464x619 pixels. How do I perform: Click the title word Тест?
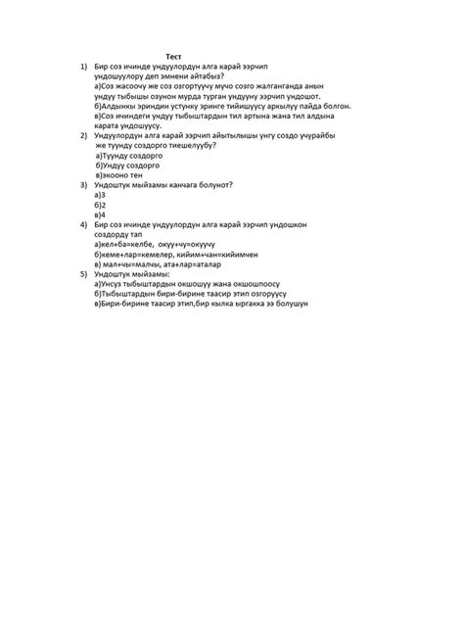pyautogui.click(x=174, y=58)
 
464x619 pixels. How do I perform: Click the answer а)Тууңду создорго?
pyautogui.click(x=133, y=156)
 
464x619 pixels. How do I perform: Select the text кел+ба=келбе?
pyautogui.click(x=123, y=244)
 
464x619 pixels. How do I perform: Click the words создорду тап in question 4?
pyautogui.click(x=118, y=234)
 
